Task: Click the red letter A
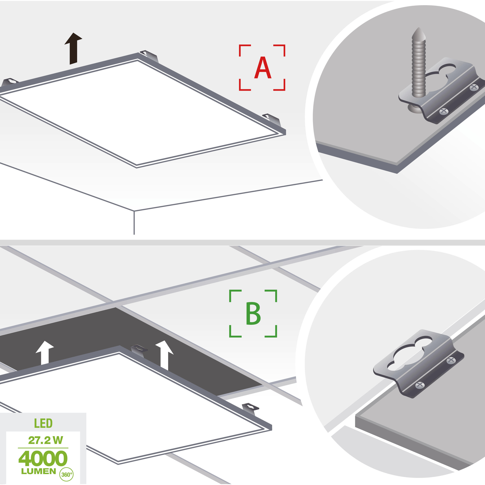[263, 68]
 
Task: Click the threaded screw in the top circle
[419, 68]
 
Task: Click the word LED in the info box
[43, 424]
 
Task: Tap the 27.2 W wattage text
[45, 440]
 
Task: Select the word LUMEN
[38, 471]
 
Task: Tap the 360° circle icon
[66, 474]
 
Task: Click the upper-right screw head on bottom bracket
[451, 360]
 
